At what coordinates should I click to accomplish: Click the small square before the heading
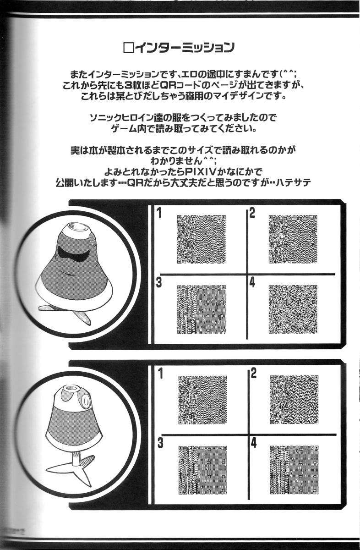(128, 47)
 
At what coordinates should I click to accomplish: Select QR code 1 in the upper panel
(201, 239)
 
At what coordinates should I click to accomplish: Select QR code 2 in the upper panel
(293, 239)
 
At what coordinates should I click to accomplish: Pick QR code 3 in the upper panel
(201, 309)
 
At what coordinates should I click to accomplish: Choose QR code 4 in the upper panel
(293, 309)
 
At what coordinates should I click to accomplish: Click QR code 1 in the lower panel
(202, 400)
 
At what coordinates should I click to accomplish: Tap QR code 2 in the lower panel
(294, 400)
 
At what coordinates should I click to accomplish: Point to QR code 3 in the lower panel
(202, 470)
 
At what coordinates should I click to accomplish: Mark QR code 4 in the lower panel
(294, 470)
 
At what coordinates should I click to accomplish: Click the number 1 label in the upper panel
(159, 213)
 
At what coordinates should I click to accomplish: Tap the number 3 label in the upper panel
(159, 282)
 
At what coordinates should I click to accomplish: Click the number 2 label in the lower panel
(253, 373)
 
